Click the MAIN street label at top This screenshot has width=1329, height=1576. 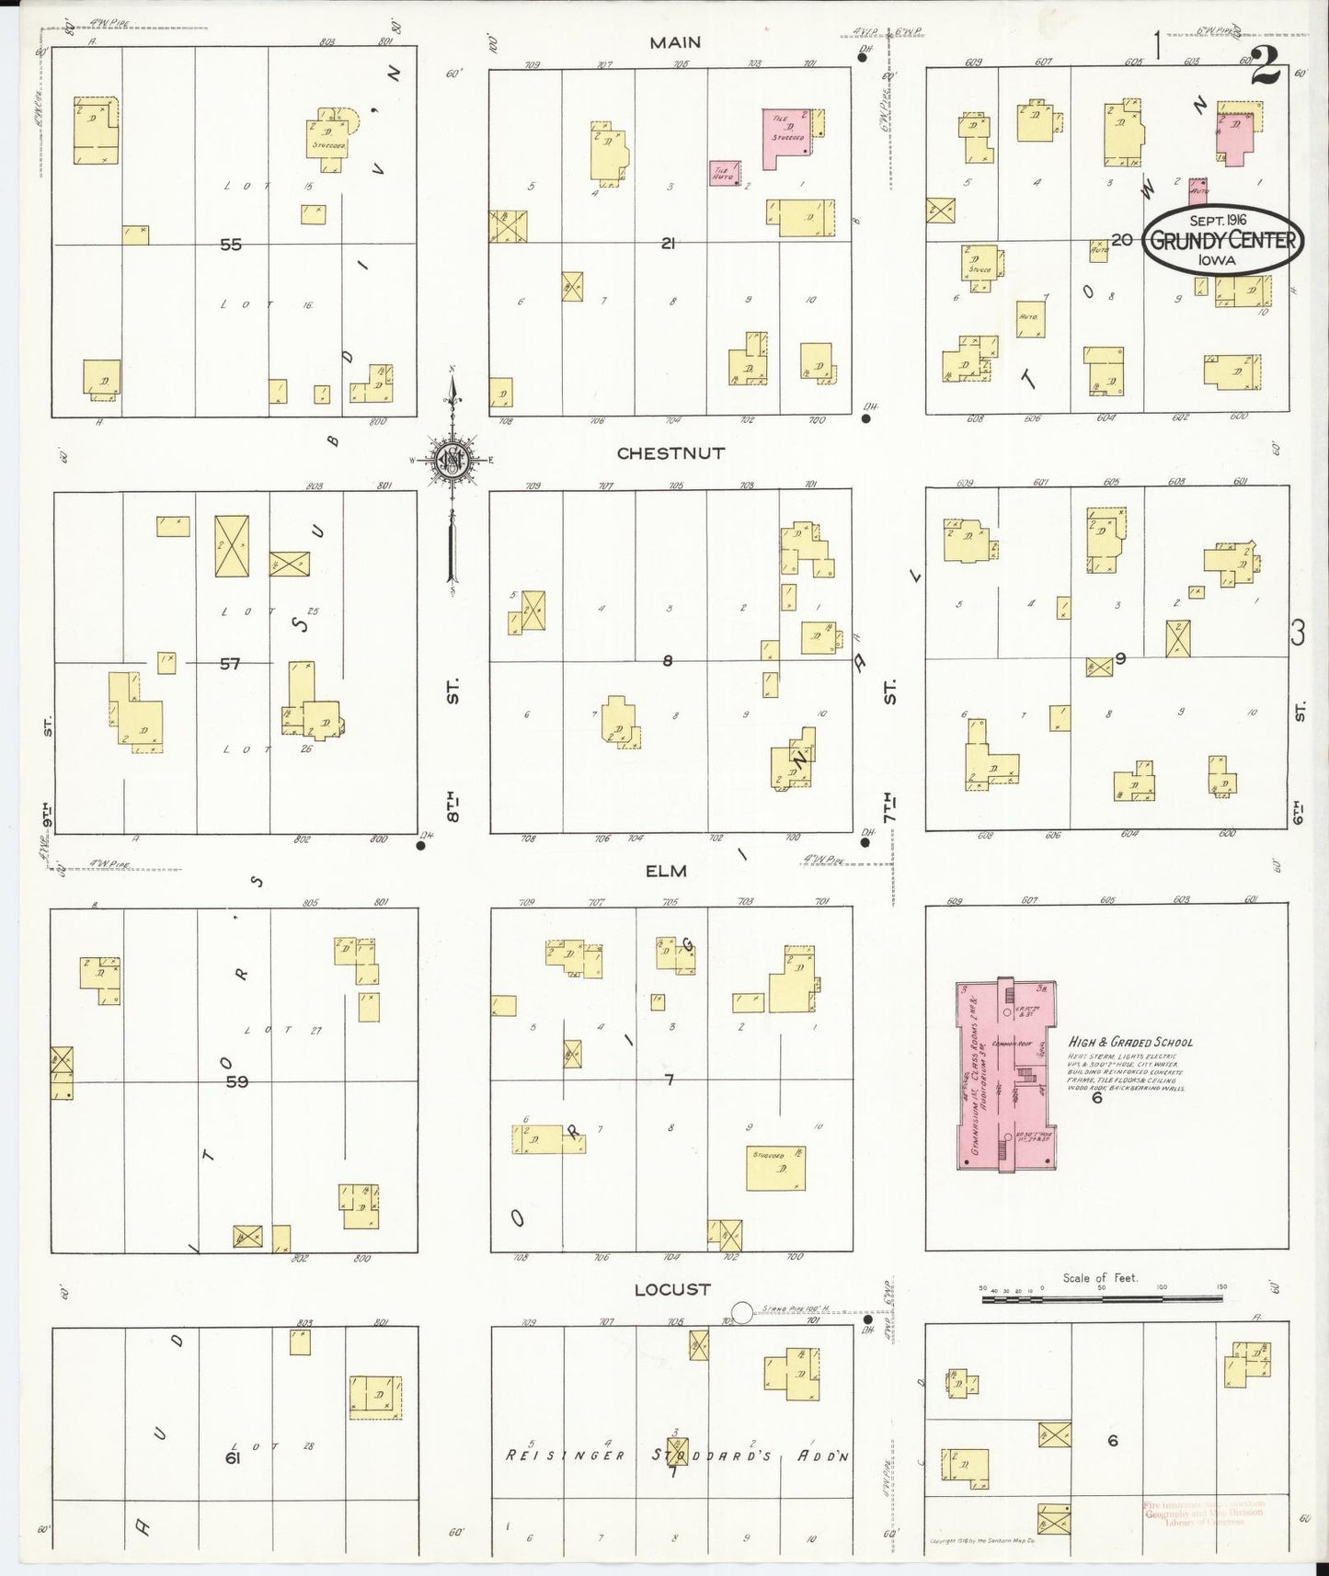[675, 42]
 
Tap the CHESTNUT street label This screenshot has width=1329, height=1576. [670, 453]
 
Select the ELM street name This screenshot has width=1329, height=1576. [666, 870]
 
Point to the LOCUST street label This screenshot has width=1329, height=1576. [672, 1289]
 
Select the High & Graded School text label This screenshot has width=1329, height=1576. [1130, 1042]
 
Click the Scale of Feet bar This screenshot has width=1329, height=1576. [1104, 1300]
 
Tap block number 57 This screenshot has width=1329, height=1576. [229, 663]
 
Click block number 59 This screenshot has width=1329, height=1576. [237, 1082]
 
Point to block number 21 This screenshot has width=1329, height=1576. [668, 244]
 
